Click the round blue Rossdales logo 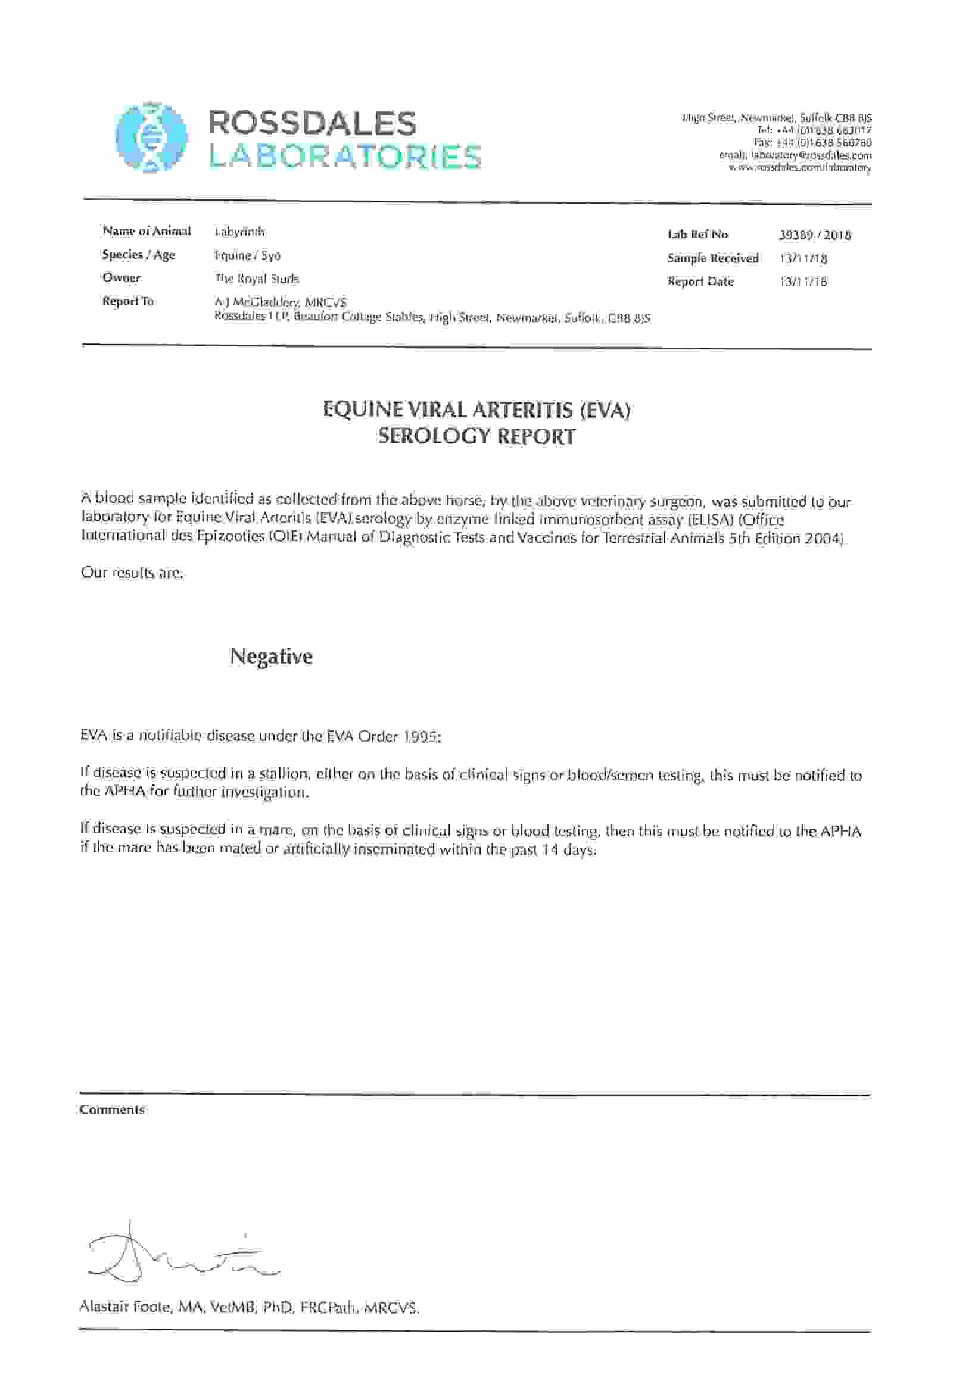[151, 137]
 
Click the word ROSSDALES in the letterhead [312, 123]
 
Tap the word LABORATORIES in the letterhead [344, 156]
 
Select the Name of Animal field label [147, 231]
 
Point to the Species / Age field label [139, 254]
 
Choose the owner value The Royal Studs [256, 279]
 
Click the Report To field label [127, 301]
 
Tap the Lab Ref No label [697, 235]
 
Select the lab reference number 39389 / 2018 [815, 235]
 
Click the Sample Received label [712, 258]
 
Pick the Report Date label [700, 282]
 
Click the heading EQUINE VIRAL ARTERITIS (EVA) [476, 410]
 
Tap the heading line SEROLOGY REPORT [476, 436]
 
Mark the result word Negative [271, 656]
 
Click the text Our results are [131, 573]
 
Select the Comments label [112, 1110]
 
